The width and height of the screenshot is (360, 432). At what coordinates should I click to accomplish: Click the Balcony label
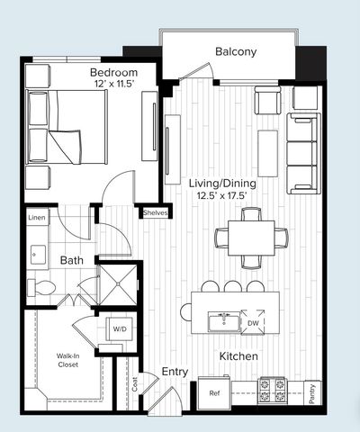236,51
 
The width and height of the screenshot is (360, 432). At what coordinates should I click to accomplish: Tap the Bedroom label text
113,71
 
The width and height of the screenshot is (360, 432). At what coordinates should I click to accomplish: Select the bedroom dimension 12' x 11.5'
113,84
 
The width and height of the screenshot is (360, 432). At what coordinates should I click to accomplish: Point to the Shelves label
155,213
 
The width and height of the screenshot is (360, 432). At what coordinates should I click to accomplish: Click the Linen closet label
36,218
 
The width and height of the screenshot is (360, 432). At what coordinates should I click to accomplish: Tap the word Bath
71,261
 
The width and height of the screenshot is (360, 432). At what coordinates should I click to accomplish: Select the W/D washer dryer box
119,328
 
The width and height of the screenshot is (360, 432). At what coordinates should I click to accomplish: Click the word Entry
175,371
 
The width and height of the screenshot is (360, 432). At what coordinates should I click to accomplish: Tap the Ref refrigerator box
214,392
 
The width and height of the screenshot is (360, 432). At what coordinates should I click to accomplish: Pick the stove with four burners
273,390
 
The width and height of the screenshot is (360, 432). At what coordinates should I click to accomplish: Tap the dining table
251,238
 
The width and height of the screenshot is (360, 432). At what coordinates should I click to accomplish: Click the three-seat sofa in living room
303,153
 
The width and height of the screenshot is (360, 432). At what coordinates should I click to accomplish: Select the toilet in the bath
42,288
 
